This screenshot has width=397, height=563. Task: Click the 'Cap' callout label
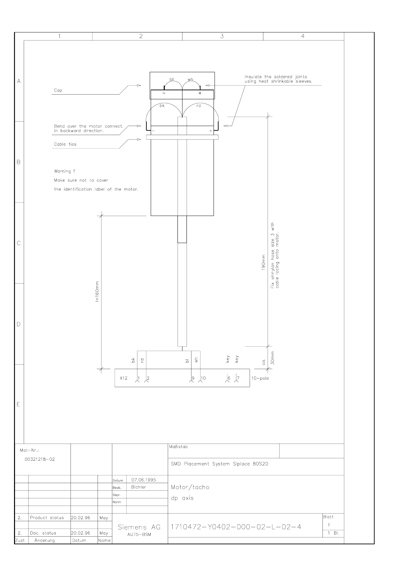[58, 90]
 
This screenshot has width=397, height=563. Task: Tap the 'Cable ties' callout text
[65, 144]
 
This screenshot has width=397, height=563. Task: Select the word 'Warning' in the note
[62, 172]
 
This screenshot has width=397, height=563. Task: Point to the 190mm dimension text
[263, 262]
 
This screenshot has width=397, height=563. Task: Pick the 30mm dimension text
[272, 358]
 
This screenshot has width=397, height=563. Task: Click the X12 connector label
[124, 378]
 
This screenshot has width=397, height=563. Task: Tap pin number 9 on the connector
[193, 378]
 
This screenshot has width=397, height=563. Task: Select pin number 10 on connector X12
[203, 378]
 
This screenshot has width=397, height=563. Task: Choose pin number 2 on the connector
[148, 378]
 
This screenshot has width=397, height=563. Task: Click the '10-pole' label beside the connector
[260, 378]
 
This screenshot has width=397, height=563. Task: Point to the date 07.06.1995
[144, 480]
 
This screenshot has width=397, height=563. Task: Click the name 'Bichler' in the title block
[139, 487]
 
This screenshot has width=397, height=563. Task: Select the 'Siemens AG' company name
[139, 527]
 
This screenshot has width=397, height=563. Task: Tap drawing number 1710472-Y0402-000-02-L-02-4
[236, 527]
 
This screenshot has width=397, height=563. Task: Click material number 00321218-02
[40, 459]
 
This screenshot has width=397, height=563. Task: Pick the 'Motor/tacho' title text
[190, 487]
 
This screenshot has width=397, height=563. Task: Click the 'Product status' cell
[47, 518]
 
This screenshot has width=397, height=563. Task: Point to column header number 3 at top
[222, 36]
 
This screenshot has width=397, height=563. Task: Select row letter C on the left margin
[19, 243]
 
